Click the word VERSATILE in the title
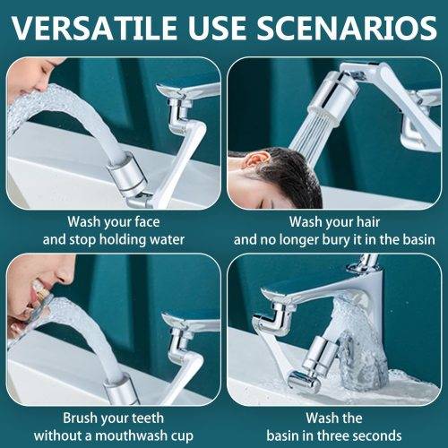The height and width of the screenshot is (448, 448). [x=96, y=28]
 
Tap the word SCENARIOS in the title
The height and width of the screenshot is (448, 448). [x=347, y=28]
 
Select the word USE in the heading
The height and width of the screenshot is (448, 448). [x=219, y=28]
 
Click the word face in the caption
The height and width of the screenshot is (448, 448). [x=147, y=222]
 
